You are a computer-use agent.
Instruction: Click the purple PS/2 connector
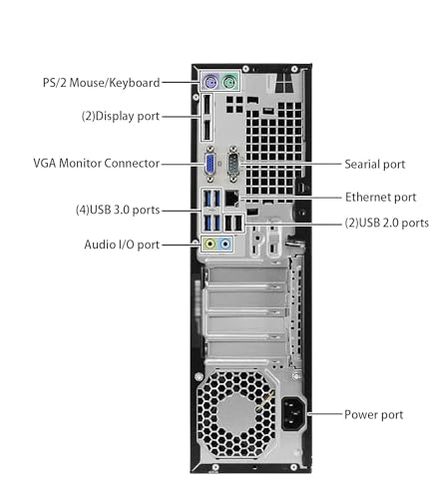pyautogui.click(x=210, y=83)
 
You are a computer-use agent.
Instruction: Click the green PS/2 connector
pyautogui.click(x=228, y=83)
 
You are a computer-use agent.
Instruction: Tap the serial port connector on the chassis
pyautogui.click(x=233, y=163)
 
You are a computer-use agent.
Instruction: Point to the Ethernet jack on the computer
pyautogui.click(x=231, y=198)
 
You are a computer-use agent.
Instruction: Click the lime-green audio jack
pyautogui.click(x=209, y=243)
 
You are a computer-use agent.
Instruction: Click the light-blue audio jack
pyautogui.click(x=224, y=243)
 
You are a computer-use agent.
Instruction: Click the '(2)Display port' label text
pyautogui.click(x=120, y=115)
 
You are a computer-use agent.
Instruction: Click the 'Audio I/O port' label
pyautogui.click(x=122, y=244)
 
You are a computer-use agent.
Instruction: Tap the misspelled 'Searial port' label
pyautogui.click(x=374, y=163)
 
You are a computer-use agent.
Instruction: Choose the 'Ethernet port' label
pyautogui.click(x=380, y=197)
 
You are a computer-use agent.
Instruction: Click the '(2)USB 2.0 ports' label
pyautogui.click(x=386, y=223)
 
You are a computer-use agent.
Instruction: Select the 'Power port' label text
pyautogui.click(x=373, y=414)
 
